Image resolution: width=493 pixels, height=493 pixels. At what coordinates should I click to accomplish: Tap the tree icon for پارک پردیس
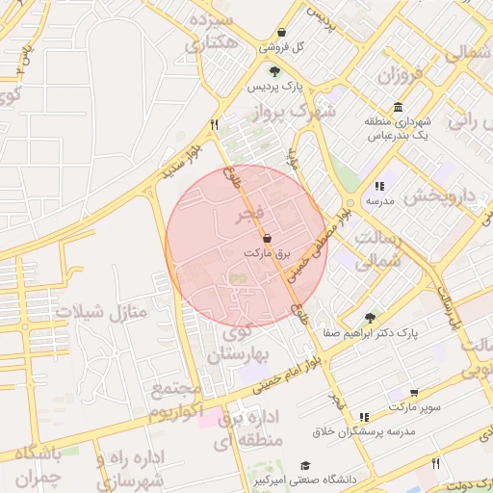275,71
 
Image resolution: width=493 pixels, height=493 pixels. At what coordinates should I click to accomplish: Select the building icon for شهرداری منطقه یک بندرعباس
397,107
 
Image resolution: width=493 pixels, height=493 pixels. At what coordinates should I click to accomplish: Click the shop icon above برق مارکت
267,238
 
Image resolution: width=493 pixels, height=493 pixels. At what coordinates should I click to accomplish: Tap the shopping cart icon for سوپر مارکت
414,393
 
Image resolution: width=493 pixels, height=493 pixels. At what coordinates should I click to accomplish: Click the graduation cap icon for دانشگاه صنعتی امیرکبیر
305,465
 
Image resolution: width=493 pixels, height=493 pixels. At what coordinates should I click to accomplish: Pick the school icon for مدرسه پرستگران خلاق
363,417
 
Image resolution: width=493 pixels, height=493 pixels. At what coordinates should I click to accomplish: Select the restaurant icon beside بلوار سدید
215,124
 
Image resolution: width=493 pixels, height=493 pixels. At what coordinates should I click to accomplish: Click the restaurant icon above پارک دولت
435,463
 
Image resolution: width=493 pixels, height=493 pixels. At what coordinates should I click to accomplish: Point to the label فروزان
400,75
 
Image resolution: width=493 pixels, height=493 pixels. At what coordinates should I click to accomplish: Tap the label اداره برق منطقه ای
248,429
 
